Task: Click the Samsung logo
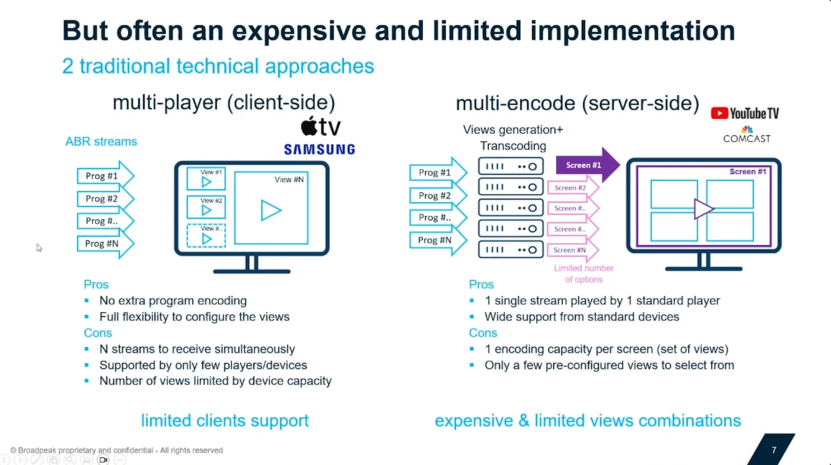click(319, 149)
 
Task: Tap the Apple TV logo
click(321, 126)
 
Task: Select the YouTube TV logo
click(745, 113)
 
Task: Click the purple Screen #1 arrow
click(588, 165)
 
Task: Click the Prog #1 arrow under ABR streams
click(106, 176)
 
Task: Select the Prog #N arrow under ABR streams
click(106, 244)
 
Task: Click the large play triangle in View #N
click(270, 210)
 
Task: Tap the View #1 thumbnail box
click(206, 179)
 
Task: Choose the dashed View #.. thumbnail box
click(206, 236)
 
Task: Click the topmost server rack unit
click(511, 166)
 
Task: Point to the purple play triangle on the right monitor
click(703, 209)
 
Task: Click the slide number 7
click(774, 450)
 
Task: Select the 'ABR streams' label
click(101, 141)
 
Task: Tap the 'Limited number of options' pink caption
click(584, 274)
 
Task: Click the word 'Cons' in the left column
click(98, 333)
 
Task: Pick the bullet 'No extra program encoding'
click(173, 301)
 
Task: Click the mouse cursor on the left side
click(39, 247)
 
